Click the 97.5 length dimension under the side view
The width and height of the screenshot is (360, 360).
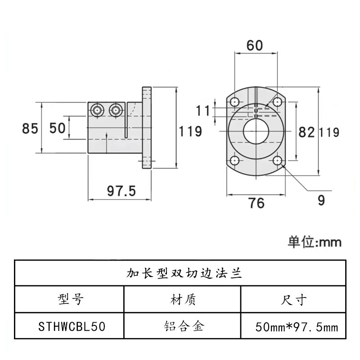point(121,191)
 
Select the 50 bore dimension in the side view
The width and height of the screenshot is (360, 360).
point(57,129)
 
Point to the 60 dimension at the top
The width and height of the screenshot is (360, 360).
point(255,45)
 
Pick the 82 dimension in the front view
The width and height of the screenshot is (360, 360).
point(306,132)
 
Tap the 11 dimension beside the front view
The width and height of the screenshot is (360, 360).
point(203,110)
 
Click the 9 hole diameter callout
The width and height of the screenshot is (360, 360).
point(321,200)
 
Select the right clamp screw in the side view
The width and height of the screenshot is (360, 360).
point(116,109)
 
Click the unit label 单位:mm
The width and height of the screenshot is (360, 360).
point(315,242)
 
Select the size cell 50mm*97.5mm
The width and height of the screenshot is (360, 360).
point(296,326)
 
